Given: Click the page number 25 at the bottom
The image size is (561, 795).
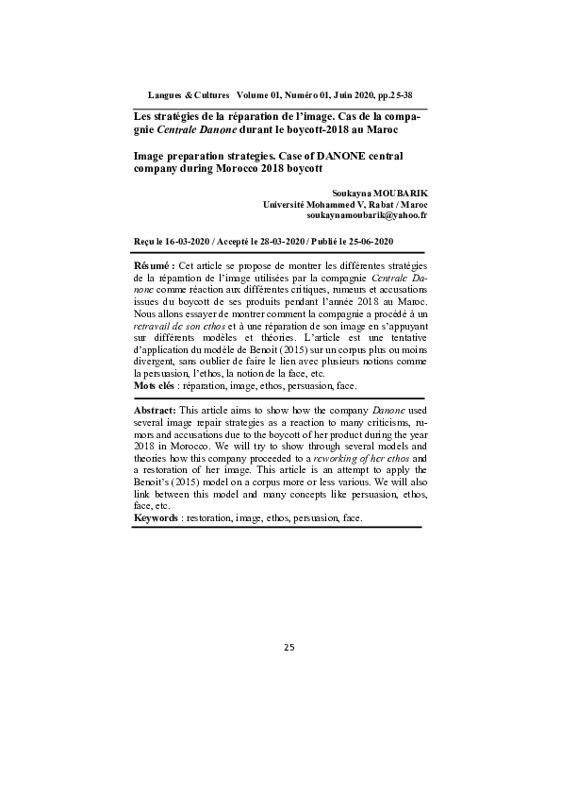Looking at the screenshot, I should tap(289, 647).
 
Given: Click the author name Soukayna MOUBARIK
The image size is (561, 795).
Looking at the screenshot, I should tap(380, 193).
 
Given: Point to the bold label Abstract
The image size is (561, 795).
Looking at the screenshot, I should tap(156, 436).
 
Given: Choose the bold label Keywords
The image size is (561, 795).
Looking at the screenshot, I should tap(156, 519).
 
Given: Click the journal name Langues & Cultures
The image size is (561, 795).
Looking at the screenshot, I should tap(189, 96).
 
